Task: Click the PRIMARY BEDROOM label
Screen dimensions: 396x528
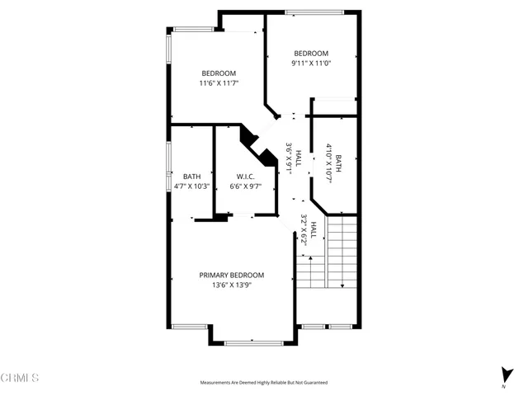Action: tap(231, 275)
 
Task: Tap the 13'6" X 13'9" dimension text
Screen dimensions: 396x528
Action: tap(231, 285)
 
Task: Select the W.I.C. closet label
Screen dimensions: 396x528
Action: tap(244, 177)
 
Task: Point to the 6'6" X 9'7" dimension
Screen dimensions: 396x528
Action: tap(244, 187)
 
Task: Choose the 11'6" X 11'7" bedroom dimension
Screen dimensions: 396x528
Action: tap(219, 82)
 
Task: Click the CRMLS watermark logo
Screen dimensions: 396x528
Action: tap(20, 378)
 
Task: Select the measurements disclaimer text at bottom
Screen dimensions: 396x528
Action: tap(264, 383)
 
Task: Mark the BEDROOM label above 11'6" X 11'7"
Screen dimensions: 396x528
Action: tap(219, 73)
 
